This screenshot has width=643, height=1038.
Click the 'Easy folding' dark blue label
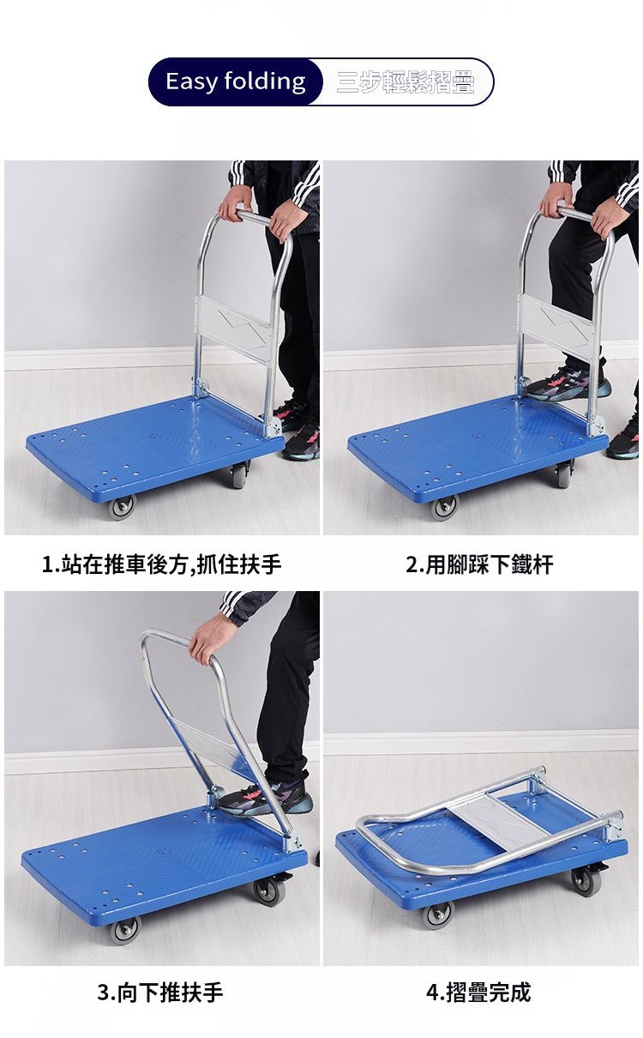pos(235,81)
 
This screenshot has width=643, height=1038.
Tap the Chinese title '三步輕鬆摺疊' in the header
pos(406,82)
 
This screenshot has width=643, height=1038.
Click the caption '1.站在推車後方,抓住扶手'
pos(162,564)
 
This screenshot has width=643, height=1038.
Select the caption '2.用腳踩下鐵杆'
pos(479,564)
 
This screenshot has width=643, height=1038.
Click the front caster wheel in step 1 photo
pos(122,506)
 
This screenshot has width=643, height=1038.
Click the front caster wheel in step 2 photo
pos(444,507)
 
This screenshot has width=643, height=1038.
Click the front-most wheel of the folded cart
pos(437,915)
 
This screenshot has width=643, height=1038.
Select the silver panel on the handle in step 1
pos(234,327)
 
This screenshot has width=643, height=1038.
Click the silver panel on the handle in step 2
pos(556,327)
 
